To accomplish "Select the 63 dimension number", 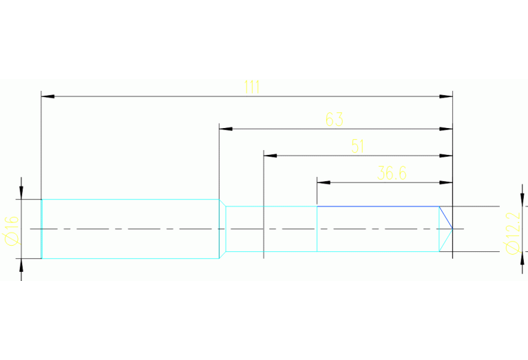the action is (334, 119).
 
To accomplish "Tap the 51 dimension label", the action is (358, 146).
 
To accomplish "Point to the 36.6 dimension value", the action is (392, 173).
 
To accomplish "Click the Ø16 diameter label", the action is (10, 229).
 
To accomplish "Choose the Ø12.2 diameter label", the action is (511, 229).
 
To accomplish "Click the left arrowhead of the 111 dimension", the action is (47, 96).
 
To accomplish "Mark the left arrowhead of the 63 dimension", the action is (224, 129).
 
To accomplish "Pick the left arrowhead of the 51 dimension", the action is (270, 156).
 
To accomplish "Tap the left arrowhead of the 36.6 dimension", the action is (323, 182).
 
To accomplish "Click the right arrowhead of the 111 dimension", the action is (447, 96).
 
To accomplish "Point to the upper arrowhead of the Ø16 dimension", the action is (21, 193).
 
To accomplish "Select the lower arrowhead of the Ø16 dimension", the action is (21, 265).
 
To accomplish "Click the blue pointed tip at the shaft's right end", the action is (451, 228).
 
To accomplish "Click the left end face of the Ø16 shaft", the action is (42, 229).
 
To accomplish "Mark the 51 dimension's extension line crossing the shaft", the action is (264, 229).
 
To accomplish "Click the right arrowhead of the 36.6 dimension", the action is (447, 182).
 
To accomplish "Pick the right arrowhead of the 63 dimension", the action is (447, 129).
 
